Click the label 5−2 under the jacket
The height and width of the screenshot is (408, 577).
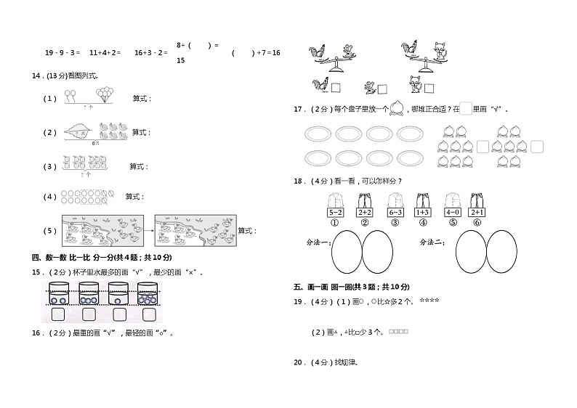click(x=335, y=213)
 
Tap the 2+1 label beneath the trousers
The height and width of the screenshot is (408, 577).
click(x=477, y=213)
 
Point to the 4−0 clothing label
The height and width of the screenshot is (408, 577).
click(x=452, y=213)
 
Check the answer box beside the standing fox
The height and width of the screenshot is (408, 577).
click(x=429, y=88)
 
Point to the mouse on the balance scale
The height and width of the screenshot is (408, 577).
click(x=347, y=51)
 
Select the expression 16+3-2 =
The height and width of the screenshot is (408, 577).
click(x=151, y=52)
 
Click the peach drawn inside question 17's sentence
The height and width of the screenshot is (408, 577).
click(x=397, y=109)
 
